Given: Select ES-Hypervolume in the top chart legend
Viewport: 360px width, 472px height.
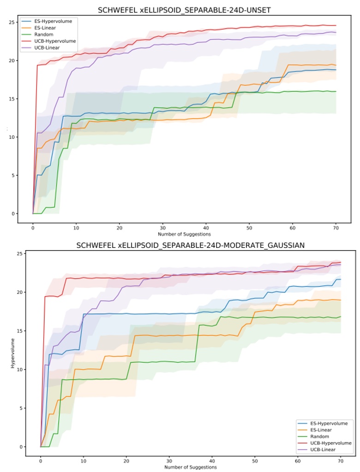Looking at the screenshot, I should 55,21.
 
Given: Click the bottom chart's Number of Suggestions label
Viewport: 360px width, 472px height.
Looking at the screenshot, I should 190,467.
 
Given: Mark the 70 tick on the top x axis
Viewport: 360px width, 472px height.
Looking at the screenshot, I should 336,227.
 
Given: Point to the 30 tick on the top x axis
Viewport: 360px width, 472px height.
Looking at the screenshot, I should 162,227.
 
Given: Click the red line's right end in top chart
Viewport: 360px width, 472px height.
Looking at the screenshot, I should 336,25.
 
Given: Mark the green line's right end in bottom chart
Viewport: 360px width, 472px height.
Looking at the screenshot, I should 340,317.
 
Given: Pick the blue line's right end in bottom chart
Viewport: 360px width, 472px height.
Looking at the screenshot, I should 340,279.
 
